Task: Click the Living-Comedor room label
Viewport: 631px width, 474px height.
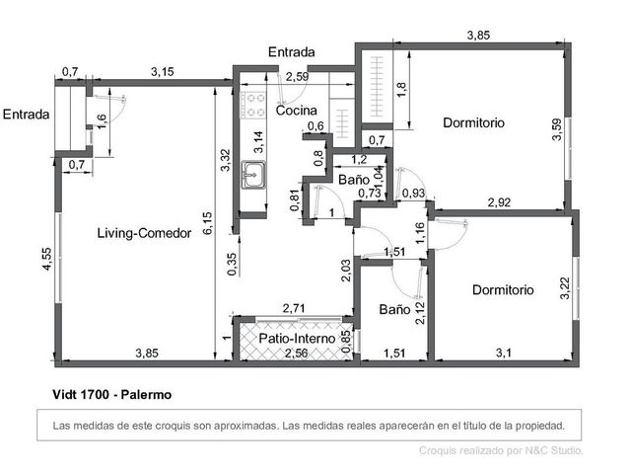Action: point(144,233)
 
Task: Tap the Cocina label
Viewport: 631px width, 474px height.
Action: point(296,111)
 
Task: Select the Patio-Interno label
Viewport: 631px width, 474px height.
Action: point(297,338)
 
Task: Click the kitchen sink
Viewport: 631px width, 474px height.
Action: point(253,175)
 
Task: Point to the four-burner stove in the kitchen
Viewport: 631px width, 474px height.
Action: point(253,106)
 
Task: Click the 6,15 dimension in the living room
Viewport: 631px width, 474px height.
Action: point(208,223)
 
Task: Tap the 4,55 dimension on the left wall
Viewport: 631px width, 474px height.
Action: point(46,259)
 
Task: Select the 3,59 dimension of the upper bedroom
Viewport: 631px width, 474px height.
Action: point(557,129)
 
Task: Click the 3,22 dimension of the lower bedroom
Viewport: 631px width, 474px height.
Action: point(565,288)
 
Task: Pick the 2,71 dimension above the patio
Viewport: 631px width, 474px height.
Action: point(294,309)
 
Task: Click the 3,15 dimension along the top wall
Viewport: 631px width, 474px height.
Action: point(163,72)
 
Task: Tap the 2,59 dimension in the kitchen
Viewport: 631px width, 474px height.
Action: point(297,77)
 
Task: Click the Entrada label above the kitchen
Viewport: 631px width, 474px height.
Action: point(292,52)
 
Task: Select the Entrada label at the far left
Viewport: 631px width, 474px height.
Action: point(27,115)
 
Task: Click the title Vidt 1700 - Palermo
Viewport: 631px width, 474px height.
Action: point(112,394)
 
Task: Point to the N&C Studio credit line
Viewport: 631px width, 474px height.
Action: point(501,450)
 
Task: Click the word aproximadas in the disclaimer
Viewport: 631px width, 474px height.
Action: point(245,426)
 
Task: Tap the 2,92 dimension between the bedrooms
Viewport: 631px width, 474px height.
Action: point(499,201)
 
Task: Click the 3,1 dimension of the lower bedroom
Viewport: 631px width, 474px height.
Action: point(504,354)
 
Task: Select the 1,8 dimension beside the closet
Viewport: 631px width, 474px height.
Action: point(401,90)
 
